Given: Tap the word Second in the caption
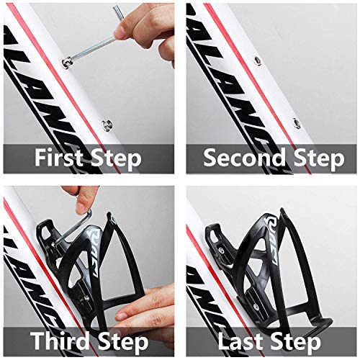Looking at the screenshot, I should pos(243,158).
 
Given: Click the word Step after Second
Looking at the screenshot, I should pos(315,158).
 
